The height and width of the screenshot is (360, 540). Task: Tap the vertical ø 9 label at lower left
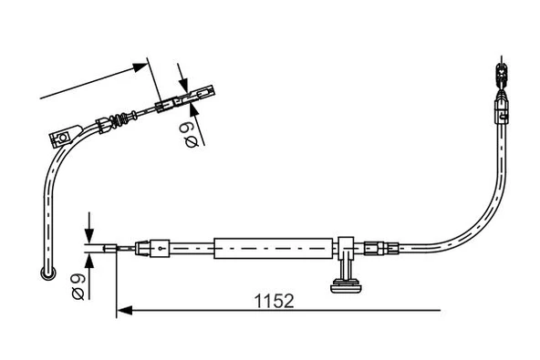(x=78, y=284)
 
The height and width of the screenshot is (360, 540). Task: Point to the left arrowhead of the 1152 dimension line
(x=124, y=311)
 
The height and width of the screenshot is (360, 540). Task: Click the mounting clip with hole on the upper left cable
(x=62, y=137)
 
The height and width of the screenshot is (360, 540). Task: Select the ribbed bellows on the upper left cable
(x=117, y=119)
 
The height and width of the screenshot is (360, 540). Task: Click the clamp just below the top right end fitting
(x=500, y=114)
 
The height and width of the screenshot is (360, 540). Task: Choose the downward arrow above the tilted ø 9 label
(x=182, y=78)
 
